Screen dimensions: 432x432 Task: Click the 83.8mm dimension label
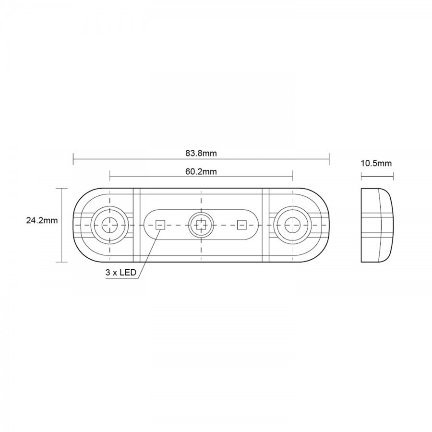click(x=201, y=153)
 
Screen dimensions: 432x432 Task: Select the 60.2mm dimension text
click(x=201, y=172)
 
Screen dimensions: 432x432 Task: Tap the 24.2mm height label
click(x=42, y=220)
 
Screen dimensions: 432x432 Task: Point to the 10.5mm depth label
click(x=376, y=163)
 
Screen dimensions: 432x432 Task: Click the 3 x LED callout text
click(x=121, y=273)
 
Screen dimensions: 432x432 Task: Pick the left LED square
click(x=160, y=225)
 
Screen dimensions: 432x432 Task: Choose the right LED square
click(x=241, y=225)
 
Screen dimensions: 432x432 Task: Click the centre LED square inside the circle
click(x=201, y=225)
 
